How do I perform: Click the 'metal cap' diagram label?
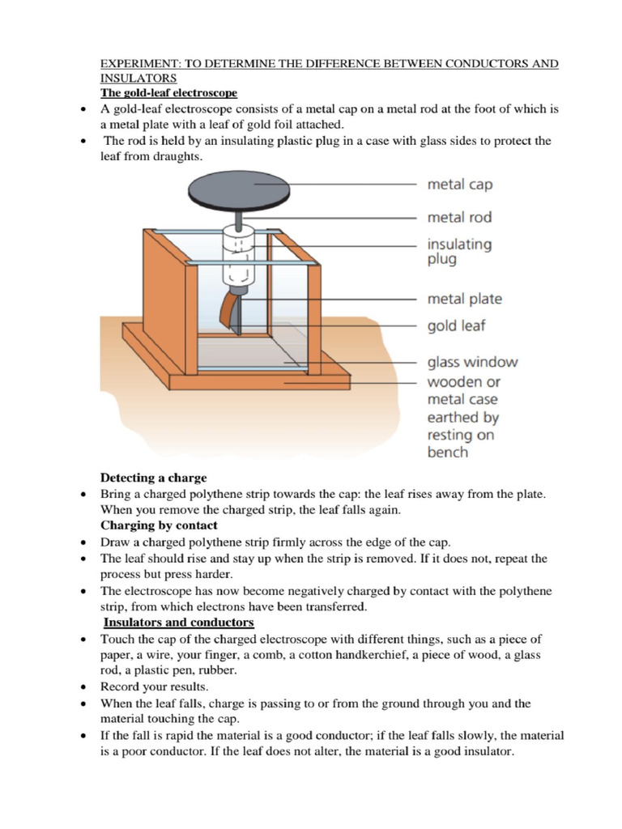459,185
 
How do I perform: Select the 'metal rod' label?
459,217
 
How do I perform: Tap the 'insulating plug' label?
459,251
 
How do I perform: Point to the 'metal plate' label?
464,299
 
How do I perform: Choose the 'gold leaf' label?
456,326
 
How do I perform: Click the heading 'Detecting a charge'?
153,478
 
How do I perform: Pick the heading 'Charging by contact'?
159,525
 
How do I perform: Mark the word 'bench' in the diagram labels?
447,453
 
